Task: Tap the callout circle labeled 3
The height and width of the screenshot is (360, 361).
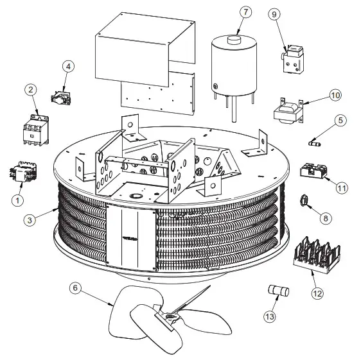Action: point(30,220)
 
